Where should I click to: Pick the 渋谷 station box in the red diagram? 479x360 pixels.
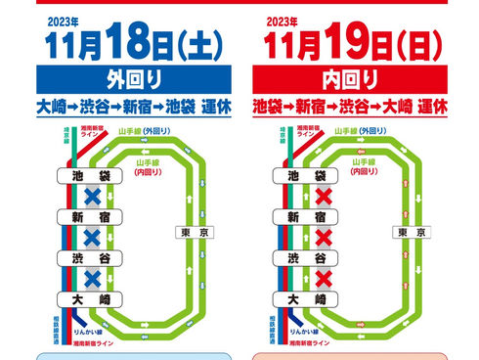pos(294,258)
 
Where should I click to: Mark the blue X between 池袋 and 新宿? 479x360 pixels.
pos(92,196)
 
